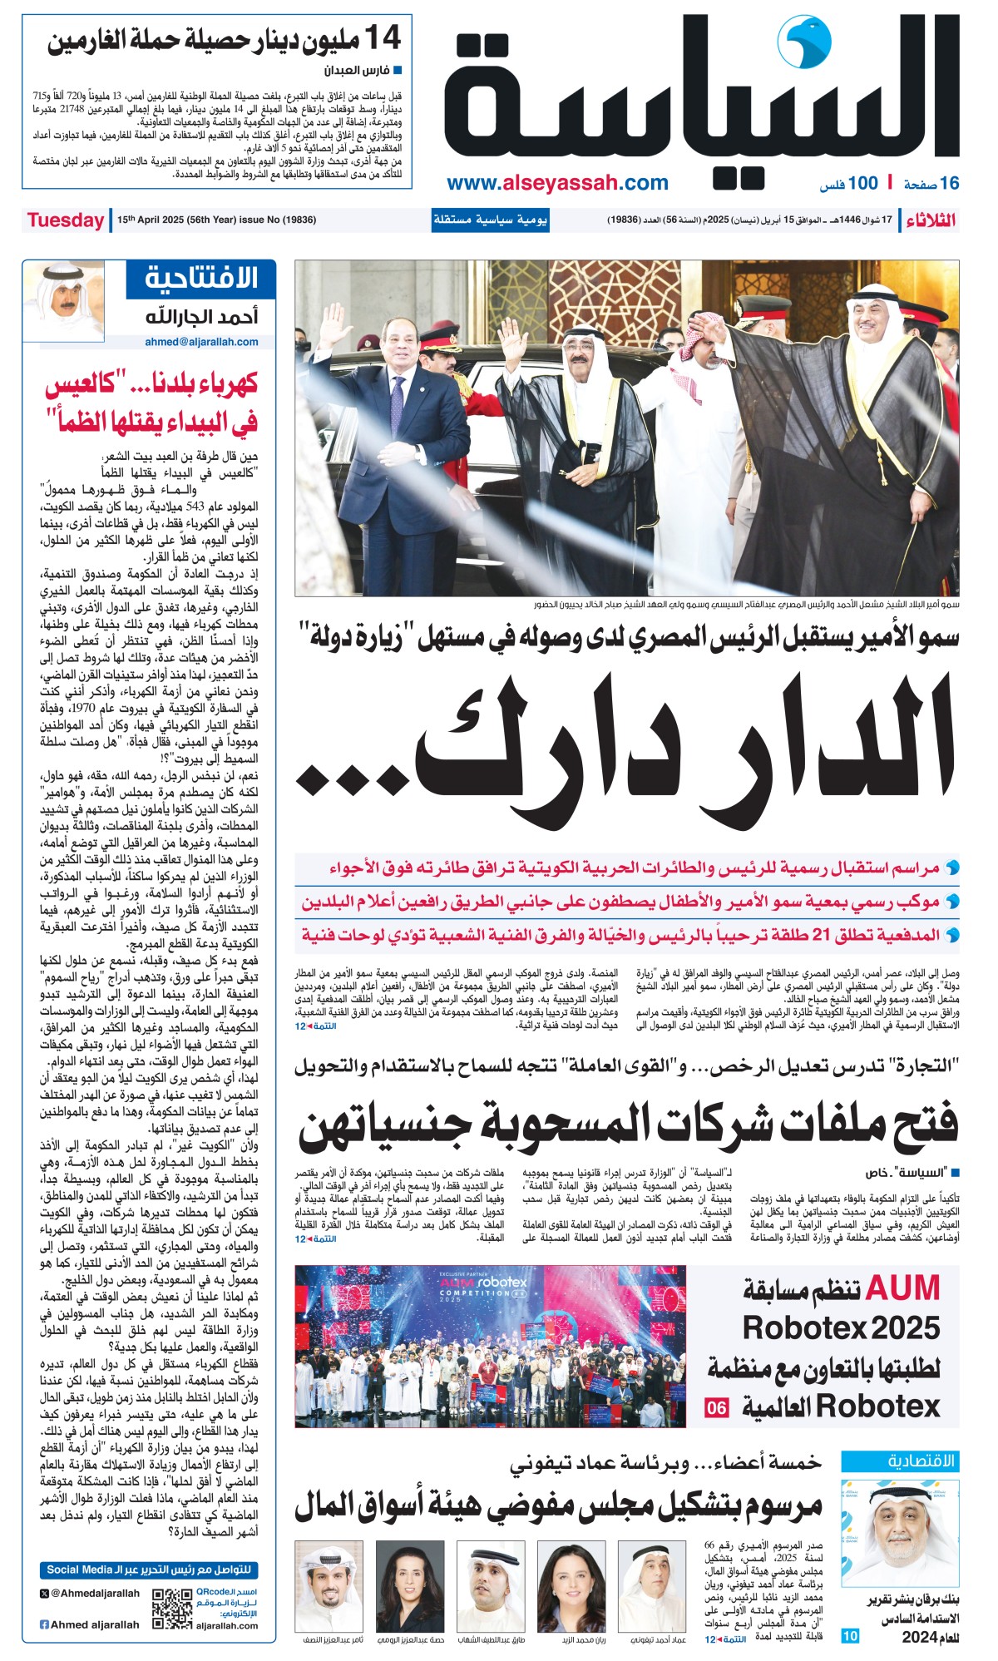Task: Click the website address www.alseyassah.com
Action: coord(557,183)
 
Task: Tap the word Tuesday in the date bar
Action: coord(65,220)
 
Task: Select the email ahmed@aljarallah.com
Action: coord(201,341)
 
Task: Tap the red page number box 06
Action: coord(716,1407)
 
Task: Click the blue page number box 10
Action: coord(850,1636)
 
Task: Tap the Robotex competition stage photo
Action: coord(491,1347)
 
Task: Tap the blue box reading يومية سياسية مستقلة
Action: coord(490,220)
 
